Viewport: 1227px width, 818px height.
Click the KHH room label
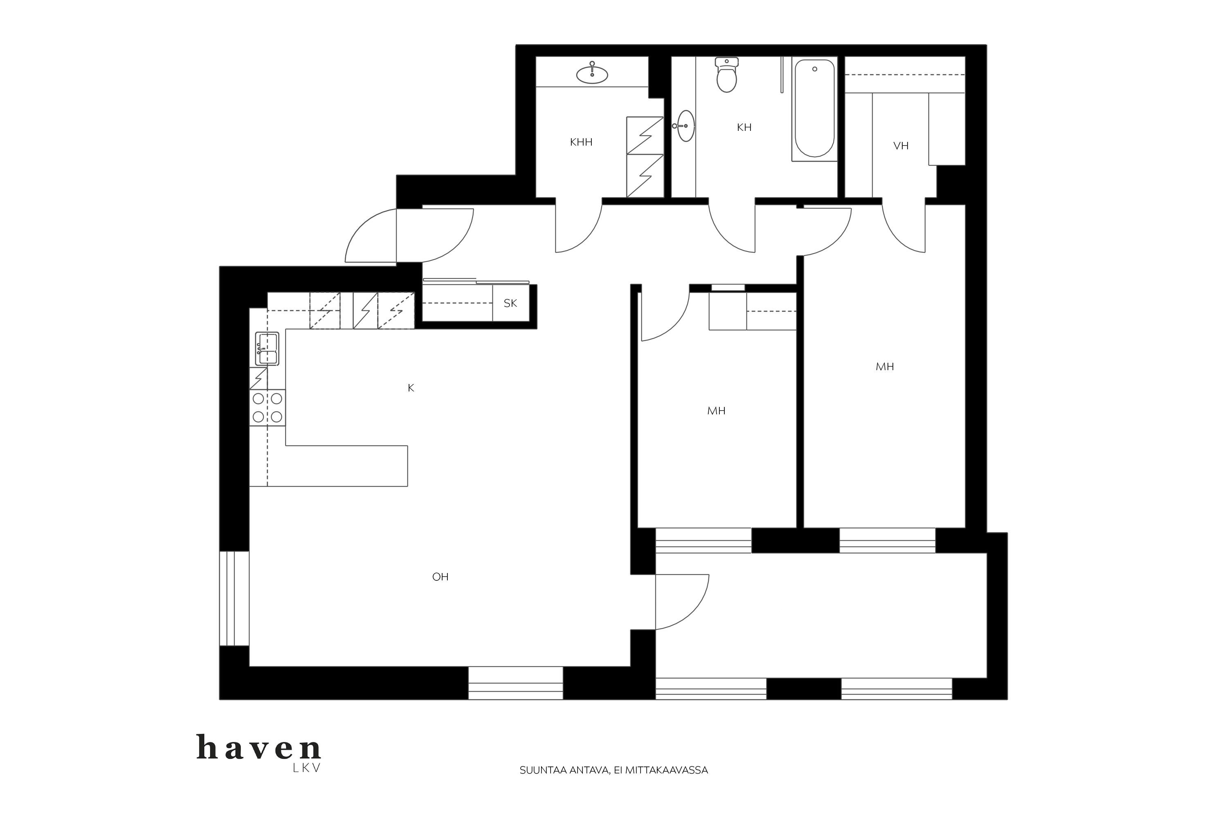click(581, 142)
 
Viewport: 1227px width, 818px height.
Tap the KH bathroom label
click(744, 127)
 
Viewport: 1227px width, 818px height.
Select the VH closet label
click(901, 146)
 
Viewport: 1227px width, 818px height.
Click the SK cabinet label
click(510, 303)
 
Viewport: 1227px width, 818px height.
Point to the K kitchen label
click(411, 388)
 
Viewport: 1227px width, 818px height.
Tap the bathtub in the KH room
click(814, 108)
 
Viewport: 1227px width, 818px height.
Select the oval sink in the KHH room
click(592, 74)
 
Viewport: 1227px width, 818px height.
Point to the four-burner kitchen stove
click(267, 407)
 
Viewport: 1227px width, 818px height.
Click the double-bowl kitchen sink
click(267, 348)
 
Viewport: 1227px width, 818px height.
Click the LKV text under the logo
click(307, 769)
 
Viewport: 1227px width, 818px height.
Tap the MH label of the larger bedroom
click(885, 367)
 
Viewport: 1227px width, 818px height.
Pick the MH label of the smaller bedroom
click(716, 411)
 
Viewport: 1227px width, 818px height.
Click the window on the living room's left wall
click(234, 598)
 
